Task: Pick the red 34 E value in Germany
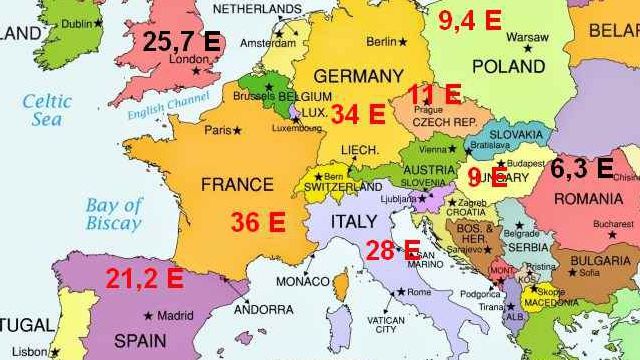358,114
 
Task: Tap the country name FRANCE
236,185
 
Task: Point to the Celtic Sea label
48,109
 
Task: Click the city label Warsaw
527,37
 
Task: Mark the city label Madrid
175,316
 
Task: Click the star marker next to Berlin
403,43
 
